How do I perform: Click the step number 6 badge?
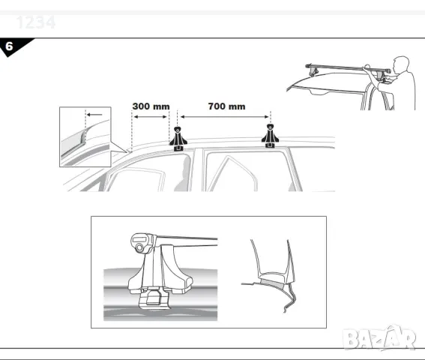click(x=10, y=46)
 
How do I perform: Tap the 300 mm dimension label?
click(x=151, y=106)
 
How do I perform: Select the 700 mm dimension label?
click(x=226, y=106)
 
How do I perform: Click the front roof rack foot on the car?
click(x=178, y=139)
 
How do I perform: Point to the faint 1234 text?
click(x=36, y=22)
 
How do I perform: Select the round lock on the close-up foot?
click(x=140, y=243)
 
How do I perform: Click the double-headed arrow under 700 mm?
click(x=225, y=116)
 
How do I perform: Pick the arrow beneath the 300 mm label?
click(x=154, y=116)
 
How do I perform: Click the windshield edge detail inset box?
click(x=85, y=136)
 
